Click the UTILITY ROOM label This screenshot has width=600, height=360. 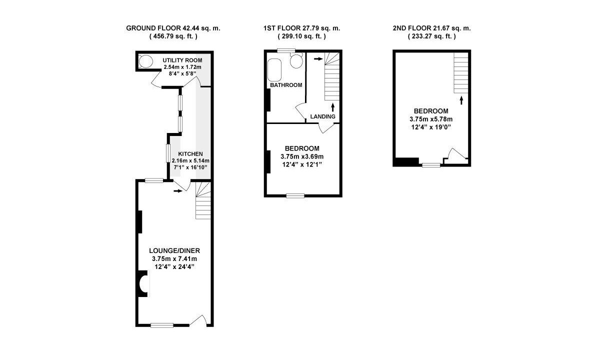tap(182, 60)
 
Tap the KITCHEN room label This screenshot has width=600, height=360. tap(190, 154)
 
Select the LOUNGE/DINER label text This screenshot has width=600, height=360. tap(174, 250)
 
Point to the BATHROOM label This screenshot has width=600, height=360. tap(286, 85)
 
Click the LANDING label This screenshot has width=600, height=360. tap(323, 116)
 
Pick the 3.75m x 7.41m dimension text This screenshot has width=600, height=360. tap(174, 259)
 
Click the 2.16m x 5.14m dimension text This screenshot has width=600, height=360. tap(190, 160)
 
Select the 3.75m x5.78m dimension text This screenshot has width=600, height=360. tap(431, 119)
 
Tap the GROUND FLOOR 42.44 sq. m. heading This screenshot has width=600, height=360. tap(173, 28)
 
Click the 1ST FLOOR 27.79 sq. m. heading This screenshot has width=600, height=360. tap(302, 28)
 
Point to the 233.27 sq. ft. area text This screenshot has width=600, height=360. tap(432, 36)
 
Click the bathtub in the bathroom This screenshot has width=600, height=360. tap(274, 70)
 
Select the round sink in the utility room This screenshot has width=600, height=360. tap(145, 61)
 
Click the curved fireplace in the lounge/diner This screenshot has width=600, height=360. tap(143, 283)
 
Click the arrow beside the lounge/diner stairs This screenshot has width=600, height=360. tap(178, 191)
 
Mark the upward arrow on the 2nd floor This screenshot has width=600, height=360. tap(461, 100)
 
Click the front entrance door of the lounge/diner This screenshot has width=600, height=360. tap(198, 321)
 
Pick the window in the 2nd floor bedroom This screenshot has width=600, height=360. tap(431, 165)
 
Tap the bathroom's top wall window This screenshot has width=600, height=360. tap(286, 50)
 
